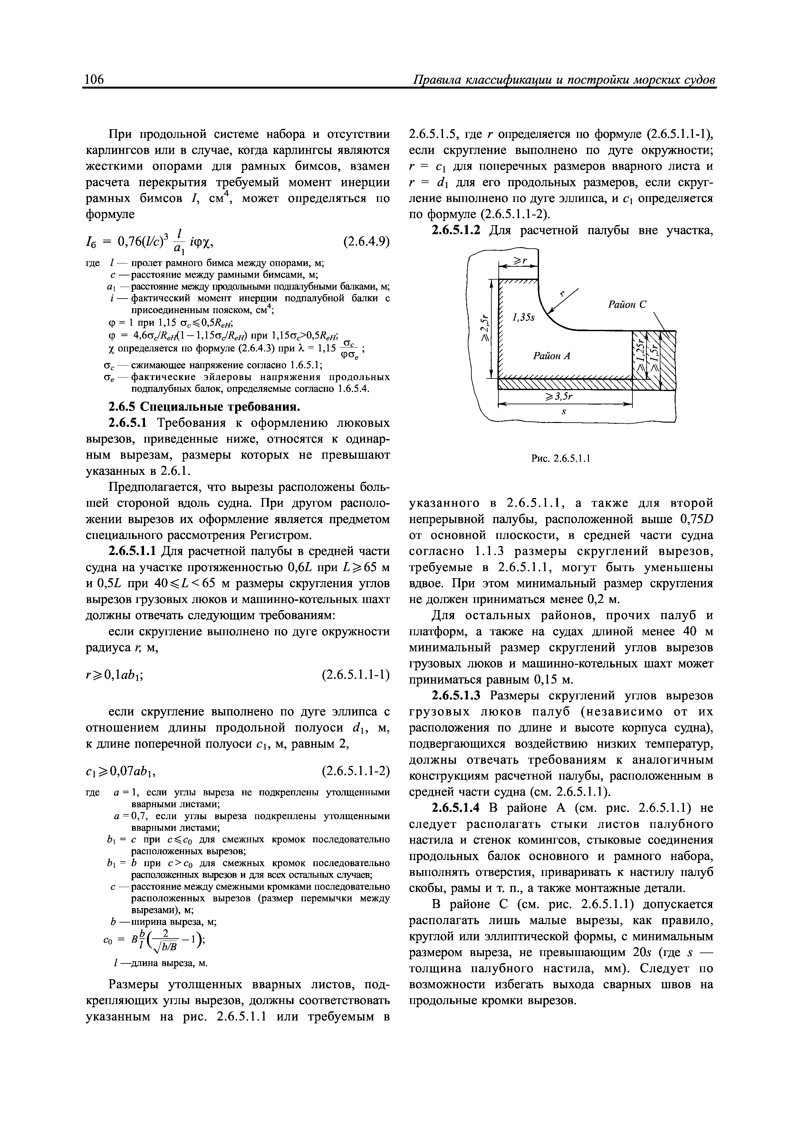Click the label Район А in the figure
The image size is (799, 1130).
pyautogui.click(x=551, y=355)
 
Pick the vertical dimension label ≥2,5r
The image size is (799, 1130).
pyautogui.click(x=484, y=327)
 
